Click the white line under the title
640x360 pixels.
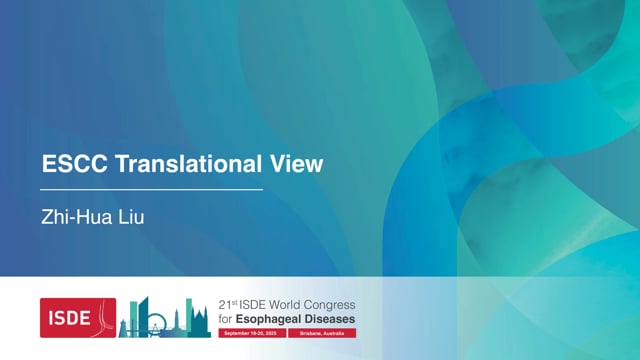pyautogui.click(x=150, y=188)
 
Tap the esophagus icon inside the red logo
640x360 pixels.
pyautogui.click(x=104, y=318)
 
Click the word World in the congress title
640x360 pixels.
pyautogui.click(x=290, y=305)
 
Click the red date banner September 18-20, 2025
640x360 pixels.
pyautogui.click(x=251, y=332)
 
